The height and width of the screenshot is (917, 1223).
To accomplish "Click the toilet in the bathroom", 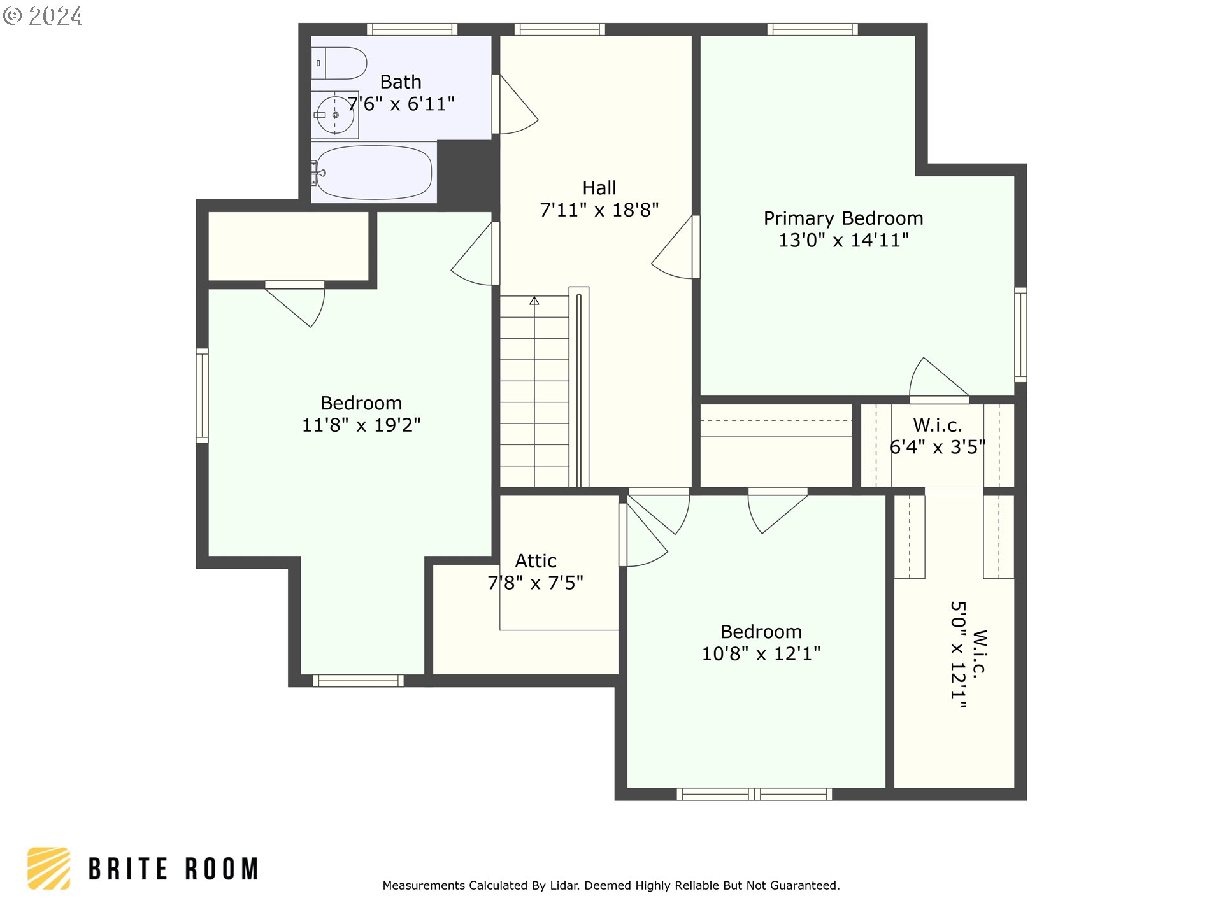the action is (339, 63).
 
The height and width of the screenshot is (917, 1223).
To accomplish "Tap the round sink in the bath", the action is (335, 115).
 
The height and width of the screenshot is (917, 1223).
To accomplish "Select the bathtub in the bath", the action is (373, 173).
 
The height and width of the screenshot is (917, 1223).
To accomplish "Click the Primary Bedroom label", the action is (843, 218).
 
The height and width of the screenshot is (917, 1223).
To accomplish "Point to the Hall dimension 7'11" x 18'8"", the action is (599, 210).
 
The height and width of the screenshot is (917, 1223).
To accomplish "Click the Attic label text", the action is (536, 561).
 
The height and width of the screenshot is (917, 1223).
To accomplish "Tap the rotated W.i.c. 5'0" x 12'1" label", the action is (969, 655).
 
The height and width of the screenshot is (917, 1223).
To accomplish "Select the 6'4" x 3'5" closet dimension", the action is (938, 447).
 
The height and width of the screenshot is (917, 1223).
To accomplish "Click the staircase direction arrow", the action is (534, 301).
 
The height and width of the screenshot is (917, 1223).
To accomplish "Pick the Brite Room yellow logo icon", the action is (49, 868).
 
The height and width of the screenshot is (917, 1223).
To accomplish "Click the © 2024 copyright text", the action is (43, 16).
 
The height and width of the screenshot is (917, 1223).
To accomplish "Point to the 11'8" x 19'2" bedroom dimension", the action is (361, 425).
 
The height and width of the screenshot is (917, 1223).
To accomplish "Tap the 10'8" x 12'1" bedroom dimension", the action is (761, 653).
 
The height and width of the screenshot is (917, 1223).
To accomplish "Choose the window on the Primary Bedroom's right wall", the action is (1020, 335).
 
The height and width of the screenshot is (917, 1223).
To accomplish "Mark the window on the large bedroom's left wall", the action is (202, 395).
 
